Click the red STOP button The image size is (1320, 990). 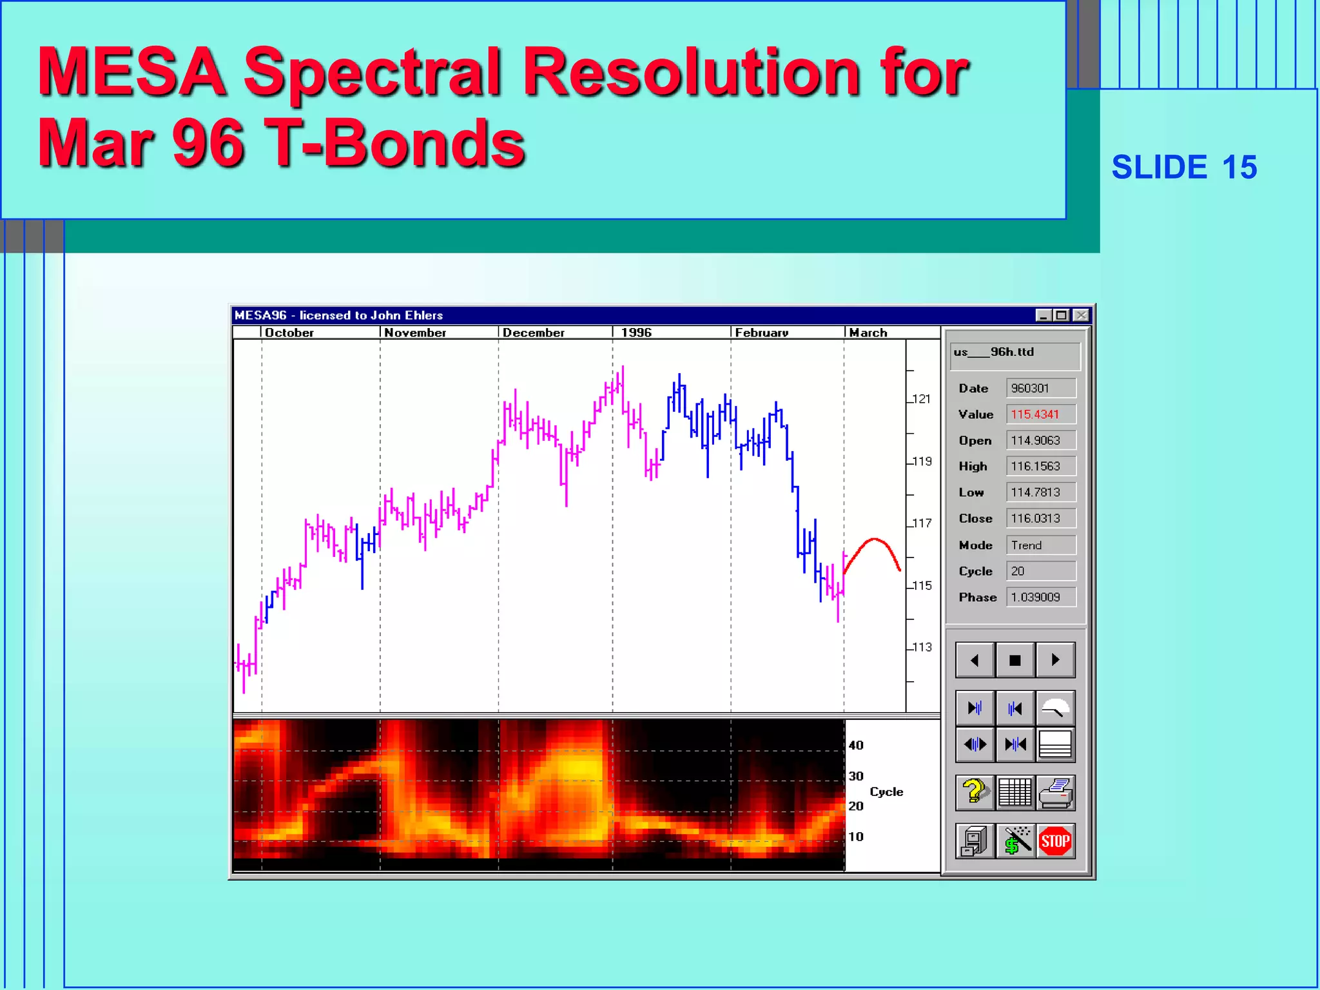1055,841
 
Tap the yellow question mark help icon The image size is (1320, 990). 975,792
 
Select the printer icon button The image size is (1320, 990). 1055,793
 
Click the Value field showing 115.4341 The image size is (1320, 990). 1040,414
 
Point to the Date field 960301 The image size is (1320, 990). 1040,388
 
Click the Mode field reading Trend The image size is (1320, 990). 1040,545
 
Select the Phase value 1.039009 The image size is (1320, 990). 1040,597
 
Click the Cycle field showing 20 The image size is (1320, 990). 1040,571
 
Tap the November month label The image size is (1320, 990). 415,333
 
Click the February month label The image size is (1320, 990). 761,333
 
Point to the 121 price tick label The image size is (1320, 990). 922,399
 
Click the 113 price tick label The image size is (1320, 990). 922,647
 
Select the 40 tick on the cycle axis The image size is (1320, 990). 856,745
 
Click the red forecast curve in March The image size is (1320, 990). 874,539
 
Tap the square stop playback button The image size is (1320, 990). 1014,660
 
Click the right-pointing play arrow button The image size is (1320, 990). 1055,660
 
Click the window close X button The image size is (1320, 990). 1081,315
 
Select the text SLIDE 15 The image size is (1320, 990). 1184,168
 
